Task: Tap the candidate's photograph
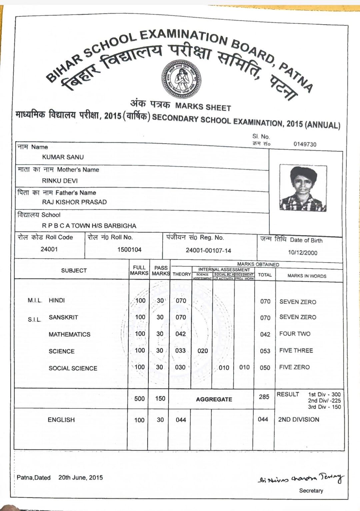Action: click(x=302, y=189)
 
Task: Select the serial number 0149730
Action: click(x=305, y=144)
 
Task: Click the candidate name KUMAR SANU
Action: click(x=63, y=157)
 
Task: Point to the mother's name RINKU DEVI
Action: click(x=60, y=181)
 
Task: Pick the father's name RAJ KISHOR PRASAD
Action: click(x=74, y=202)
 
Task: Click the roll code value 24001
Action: click(x=49, y=249)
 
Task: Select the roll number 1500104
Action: click(x=129, y=250)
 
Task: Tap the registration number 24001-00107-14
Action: click(x=208, y=251)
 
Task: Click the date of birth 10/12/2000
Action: click(x=303, y=253)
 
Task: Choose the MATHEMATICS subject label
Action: click(x=69, y=334)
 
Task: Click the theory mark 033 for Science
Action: click(x=180, y=350)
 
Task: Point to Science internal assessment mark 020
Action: click(x=203, y=351)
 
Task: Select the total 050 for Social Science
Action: click(x=265, y=368)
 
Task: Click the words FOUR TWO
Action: click(x=295, y=334)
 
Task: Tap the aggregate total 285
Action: click(x=264, y=397)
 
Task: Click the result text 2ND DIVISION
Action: click(x=299, y=420)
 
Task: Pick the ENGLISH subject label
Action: click(x=61, y=420)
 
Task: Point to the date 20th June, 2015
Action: click(x=81, y=478)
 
